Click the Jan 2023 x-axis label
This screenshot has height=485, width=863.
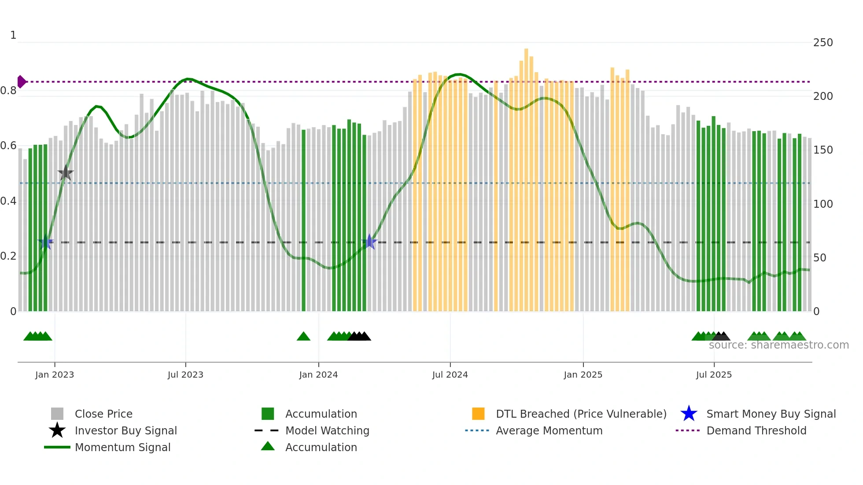55,375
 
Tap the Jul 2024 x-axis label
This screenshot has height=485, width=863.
450,375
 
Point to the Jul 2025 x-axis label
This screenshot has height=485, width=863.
714,375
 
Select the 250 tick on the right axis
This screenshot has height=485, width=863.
823,43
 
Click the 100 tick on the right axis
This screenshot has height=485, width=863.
823,204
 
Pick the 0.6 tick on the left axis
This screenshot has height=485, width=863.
9,146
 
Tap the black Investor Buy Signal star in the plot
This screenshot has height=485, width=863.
66,173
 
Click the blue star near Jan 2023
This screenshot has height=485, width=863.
46,242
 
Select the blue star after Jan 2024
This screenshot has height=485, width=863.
369,242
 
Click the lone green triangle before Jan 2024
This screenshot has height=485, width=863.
303,337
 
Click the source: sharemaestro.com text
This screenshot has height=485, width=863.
778,345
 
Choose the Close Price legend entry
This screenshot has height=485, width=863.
103,414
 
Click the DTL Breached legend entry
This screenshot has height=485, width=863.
581,414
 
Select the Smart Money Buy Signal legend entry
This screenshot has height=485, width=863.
771,414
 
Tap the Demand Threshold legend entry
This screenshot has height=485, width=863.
756,431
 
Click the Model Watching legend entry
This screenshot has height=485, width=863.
327,431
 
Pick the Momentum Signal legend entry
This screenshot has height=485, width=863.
122,448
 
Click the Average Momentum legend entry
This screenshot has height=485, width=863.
549,431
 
